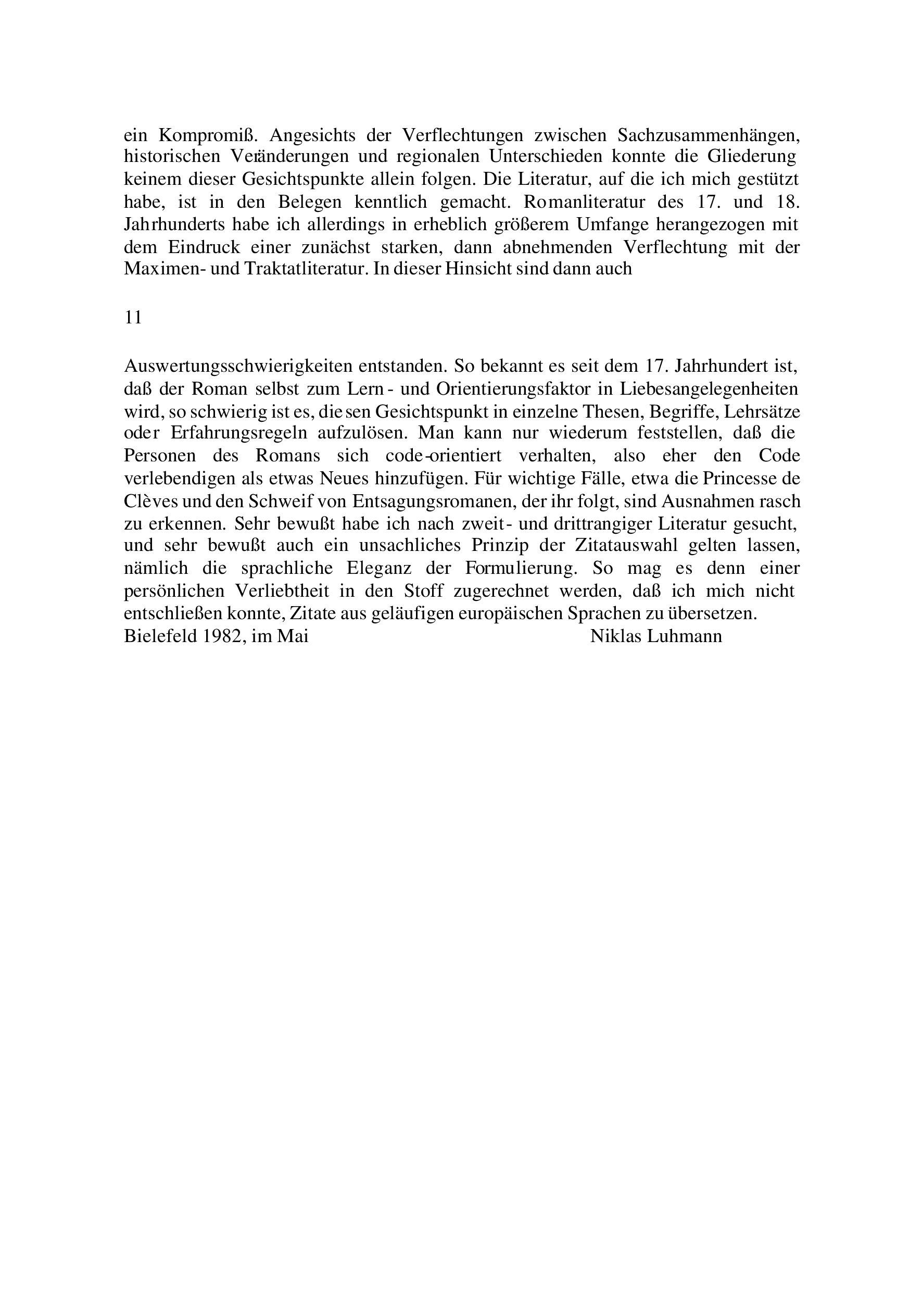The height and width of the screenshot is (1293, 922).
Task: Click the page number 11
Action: (132, 318)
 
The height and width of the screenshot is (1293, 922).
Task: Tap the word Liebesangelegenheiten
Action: (710, 390)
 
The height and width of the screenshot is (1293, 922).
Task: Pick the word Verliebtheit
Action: (282, 591)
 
